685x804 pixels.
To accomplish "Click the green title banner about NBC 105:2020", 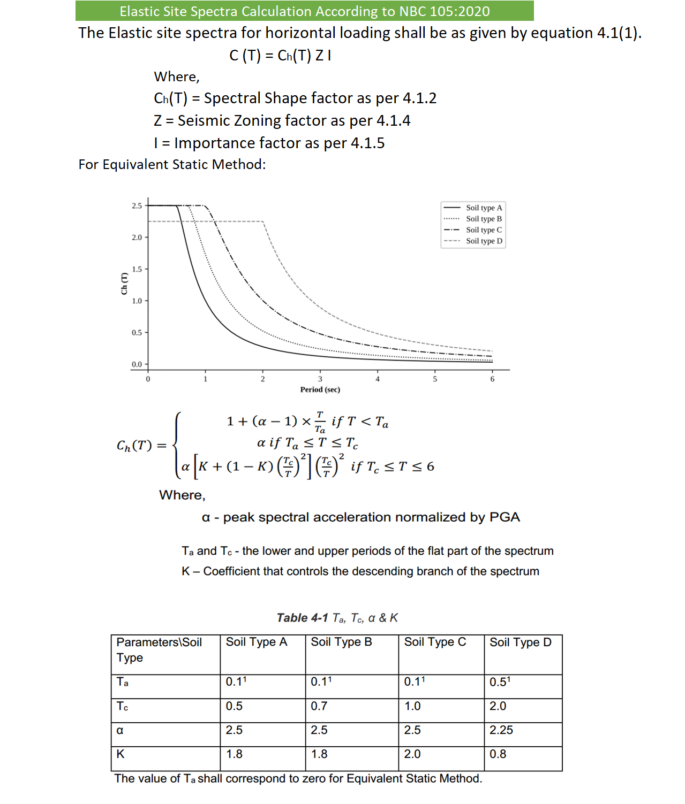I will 304,11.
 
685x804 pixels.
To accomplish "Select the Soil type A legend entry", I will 484,208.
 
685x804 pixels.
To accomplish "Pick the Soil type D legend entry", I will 484,241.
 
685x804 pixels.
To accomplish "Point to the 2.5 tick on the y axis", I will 137,205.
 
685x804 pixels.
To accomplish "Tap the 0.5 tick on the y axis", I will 137,333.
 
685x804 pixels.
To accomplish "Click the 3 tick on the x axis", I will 320,379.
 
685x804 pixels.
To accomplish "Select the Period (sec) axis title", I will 320,389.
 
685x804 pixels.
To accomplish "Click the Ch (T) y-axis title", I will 124,284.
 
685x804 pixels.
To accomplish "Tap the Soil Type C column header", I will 435,642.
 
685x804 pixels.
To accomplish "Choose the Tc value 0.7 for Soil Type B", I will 319,706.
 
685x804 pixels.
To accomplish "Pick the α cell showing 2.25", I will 501,730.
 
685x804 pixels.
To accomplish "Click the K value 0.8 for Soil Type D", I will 498,754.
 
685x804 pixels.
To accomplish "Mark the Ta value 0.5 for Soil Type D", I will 500,682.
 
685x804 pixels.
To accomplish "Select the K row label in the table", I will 121,754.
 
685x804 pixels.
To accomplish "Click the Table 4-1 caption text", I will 337,618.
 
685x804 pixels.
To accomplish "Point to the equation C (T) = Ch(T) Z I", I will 280,56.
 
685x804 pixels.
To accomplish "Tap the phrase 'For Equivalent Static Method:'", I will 172,164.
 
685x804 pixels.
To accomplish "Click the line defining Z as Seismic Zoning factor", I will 282,121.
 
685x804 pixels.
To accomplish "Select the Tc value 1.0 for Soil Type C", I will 412,706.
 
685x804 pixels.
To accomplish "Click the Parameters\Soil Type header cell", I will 159,649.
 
